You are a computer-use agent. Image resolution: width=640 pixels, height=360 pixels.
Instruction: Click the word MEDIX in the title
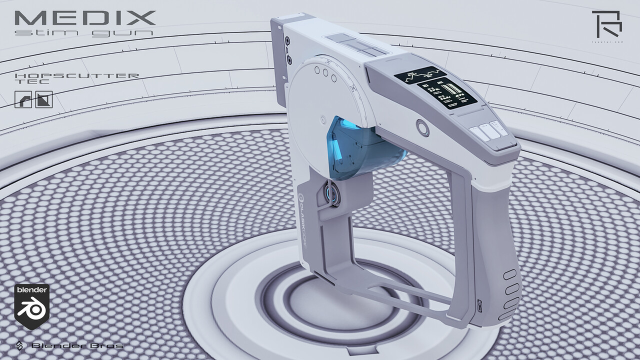click(85, 18)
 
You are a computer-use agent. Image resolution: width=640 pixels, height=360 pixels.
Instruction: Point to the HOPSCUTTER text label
click(77, 75)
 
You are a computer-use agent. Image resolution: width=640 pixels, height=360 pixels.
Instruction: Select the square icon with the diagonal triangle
click(44, 99)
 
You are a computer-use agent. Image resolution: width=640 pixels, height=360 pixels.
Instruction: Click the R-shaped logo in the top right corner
click(606, 22)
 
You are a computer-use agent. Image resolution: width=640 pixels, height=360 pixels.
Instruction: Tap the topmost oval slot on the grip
click(510, 274)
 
